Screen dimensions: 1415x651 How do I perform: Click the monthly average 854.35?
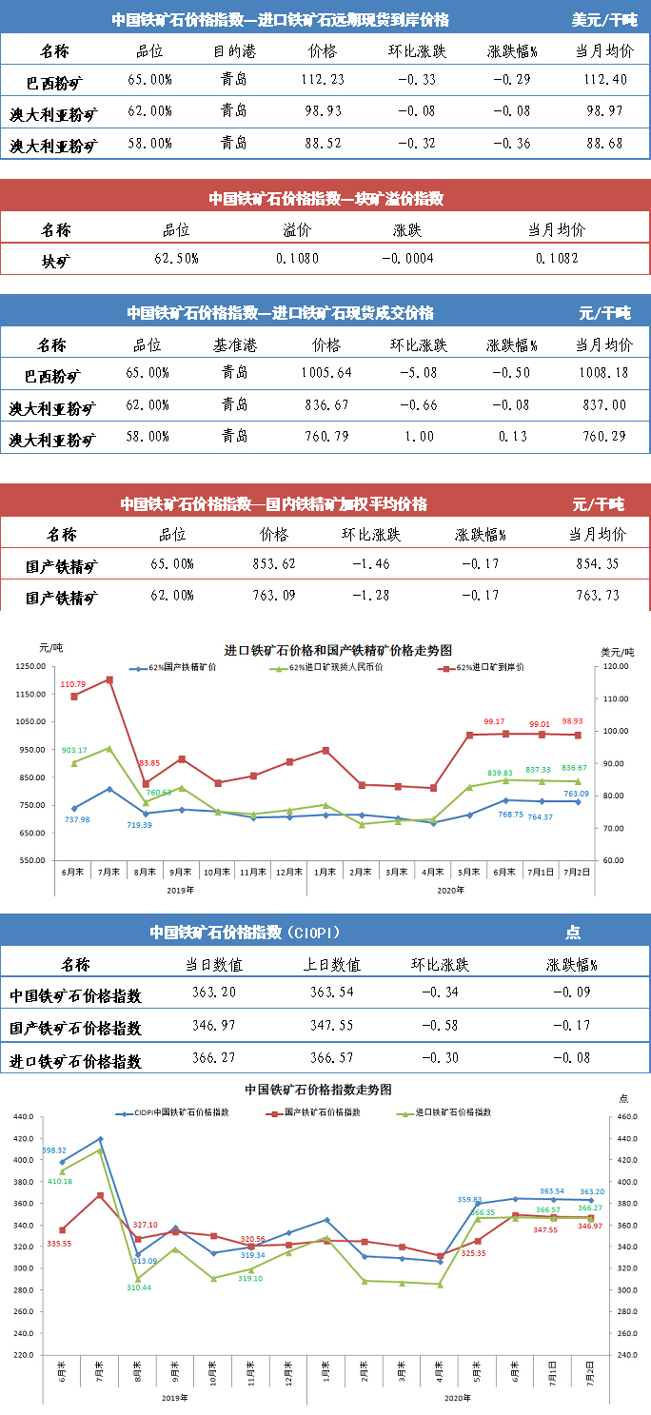598,563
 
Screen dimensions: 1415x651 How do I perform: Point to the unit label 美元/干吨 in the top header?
604,19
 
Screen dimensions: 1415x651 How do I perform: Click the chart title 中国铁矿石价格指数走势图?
318,1089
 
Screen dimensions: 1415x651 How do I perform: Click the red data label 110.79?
73,684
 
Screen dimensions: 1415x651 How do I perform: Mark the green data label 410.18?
59,1181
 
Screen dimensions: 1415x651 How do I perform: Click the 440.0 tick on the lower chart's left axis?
23,1117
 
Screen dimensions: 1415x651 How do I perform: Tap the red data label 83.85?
148,763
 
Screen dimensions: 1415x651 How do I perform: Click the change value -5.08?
419,373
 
